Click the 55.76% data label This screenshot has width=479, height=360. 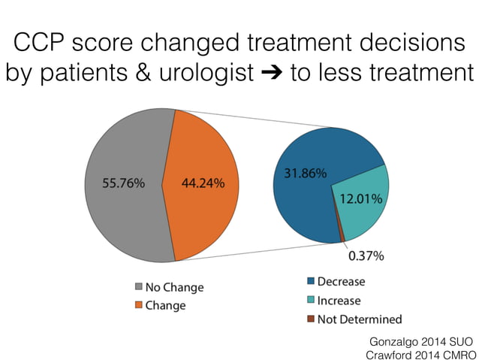click(123, 183)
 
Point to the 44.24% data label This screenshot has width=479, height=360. click(203, 183)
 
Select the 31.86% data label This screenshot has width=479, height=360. click(305, 174)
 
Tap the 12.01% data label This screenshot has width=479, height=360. click(361, 199)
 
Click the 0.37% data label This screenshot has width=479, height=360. click(366, 256)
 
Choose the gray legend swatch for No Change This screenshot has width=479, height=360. click(138, 287)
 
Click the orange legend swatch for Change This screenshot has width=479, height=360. click(138, 305)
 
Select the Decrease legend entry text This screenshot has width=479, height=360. click(341, 282)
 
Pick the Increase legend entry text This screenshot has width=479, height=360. click(339, 301)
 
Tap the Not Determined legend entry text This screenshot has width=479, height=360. click(360, 319)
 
